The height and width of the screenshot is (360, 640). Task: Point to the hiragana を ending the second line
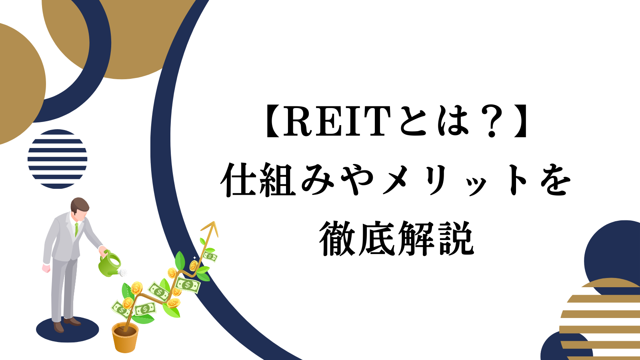555,180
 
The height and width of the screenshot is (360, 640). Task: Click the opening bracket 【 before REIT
272,121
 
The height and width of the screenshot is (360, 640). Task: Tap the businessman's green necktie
76,230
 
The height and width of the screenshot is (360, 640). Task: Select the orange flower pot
125,337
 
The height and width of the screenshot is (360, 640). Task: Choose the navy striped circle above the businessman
58,159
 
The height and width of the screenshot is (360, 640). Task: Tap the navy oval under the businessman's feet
68,329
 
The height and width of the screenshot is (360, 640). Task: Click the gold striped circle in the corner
600,318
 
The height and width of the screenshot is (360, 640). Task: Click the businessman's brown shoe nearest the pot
72,322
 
